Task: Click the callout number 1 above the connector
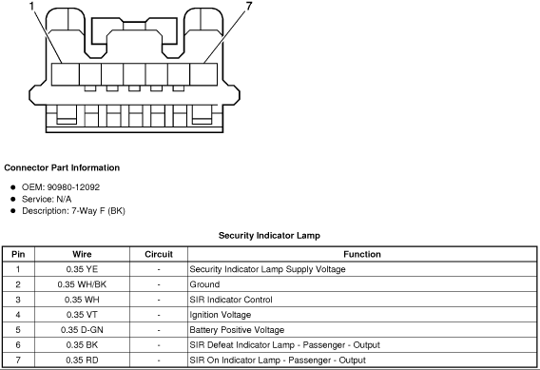[32, 7]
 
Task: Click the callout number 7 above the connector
[249, 6]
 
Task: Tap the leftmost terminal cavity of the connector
[65, 74]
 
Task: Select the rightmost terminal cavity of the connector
[203, 74]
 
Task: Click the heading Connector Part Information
[62, 167]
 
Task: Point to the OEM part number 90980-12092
[73, 187]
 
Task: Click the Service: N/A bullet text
[47, 199]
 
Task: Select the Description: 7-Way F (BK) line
[73, 211]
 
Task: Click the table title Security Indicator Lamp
[269, 236]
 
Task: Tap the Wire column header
[82, 254]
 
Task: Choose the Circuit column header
[159, 254]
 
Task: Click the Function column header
[362, 254]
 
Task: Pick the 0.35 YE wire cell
[82, 269]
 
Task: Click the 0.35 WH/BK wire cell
[82, 284]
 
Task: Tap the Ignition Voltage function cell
[220, 315]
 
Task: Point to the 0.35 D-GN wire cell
[82, 330]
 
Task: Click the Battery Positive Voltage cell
[237, 330]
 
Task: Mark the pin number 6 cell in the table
[18, 345]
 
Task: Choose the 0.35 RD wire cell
[82, 360]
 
